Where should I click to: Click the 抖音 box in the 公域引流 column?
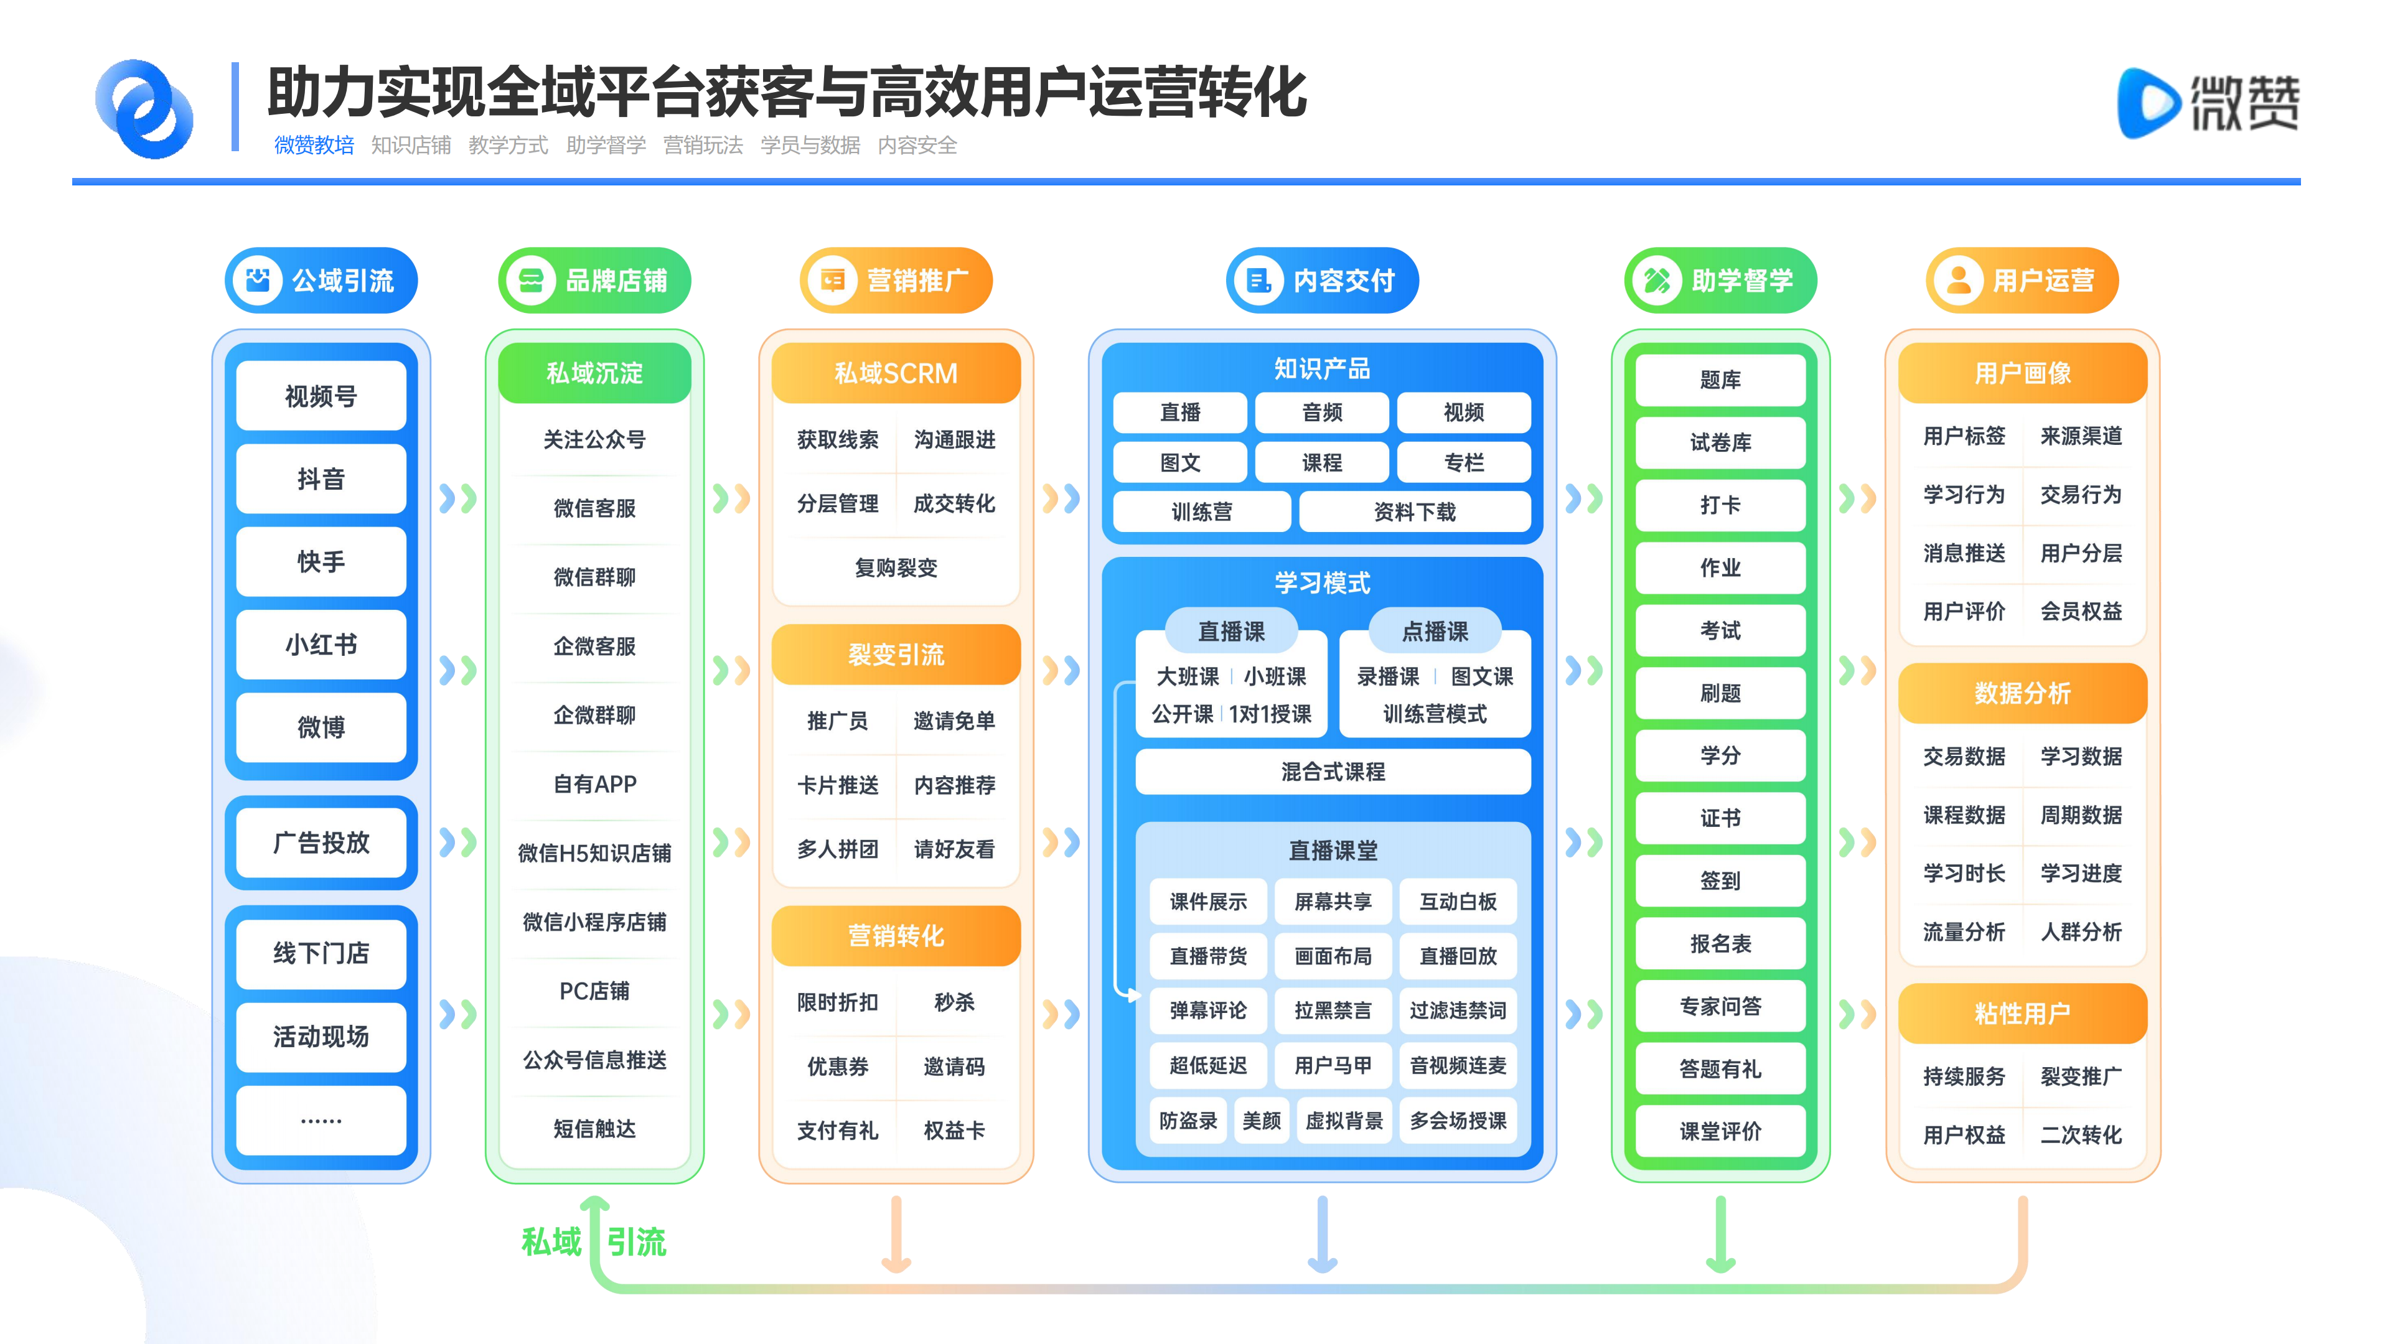pyautogui.click(x=321, y=478)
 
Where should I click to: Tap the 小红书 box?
pyautogui.click(x=321, y=644)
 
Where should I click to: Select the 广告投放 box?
pyautogui.click(x=321, y=842)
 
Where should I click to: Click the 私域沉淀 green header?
pyautogui.click(x=595, y=373)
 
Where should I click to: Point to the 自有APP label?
pyautogui.click(x=595, y=784)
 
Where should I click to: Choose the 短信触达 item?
pyautogui.click(x=595, y=1128)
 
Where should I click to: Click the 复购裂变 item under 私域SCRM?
pyautogui.click(x=896, y=567)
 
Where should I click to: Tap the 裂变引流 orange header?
pyautogui.click(x=896, y=655)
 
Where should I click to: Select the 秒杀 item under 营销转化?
pyautogui.click(x=955, y=1002)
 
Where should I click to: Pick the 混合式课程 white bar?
pyautogui.click(x=1333, y=771)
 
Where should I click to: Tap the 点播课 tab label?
pyautogui.click(x=1435, y=631)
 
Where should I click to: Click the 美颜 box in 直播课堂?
pyautogui.click(x=1262, y=1121)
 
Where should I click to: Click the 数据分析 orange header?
pyautogui.click(x=2023, y=693)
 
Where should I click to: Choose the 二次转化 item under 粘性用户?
pyautogui.click(x=2081, y=1134)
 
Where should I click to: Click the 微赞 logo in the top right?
pyautogui.click(x=2208, y=103)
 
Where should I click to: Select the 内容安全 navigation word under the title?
pyautogui.click(x=917, y=146)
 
